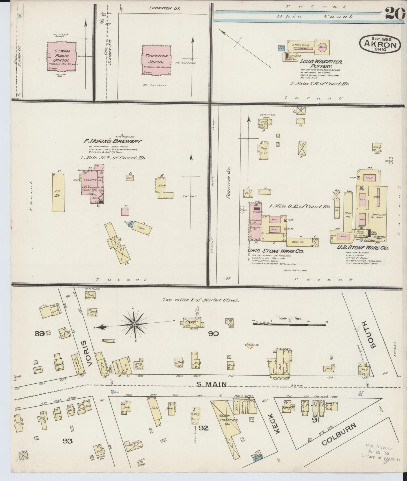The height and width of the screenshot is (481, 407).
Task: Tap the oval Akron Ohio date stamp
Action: pyautogui.click(x=380, y=44)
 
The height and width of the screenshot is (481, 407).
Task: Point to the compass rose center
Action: pyautogui.click(x=134, y=325)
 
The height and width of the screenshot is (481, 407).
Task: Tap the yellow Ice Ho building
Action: pyautogui.click(x=58, y=192)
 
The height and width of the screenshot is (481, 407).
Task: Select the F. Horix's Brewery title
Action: pyautogui.click(x=113, y=141)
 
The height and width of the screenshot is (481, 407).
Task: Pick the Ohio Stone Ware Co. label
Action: pyautogui.click(x=275, y=251)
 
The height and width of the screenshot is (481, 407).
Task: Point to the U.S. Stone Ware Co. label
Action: pyautogui.click(x=363, y=248)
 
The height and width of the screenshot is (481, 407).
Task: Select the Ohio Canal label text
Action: pyautogui.click(x=315, y=17)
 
